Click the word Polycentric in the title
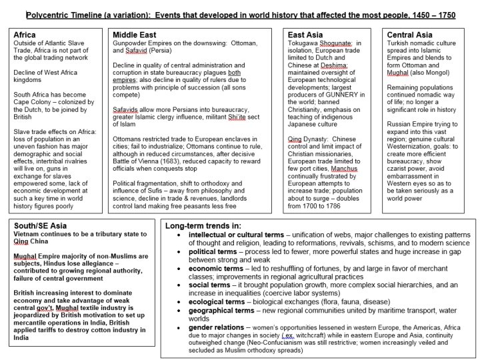pyautogui.click(x=48, y=14)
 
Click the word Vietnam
pyautogui.click(x=29, y=239)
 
